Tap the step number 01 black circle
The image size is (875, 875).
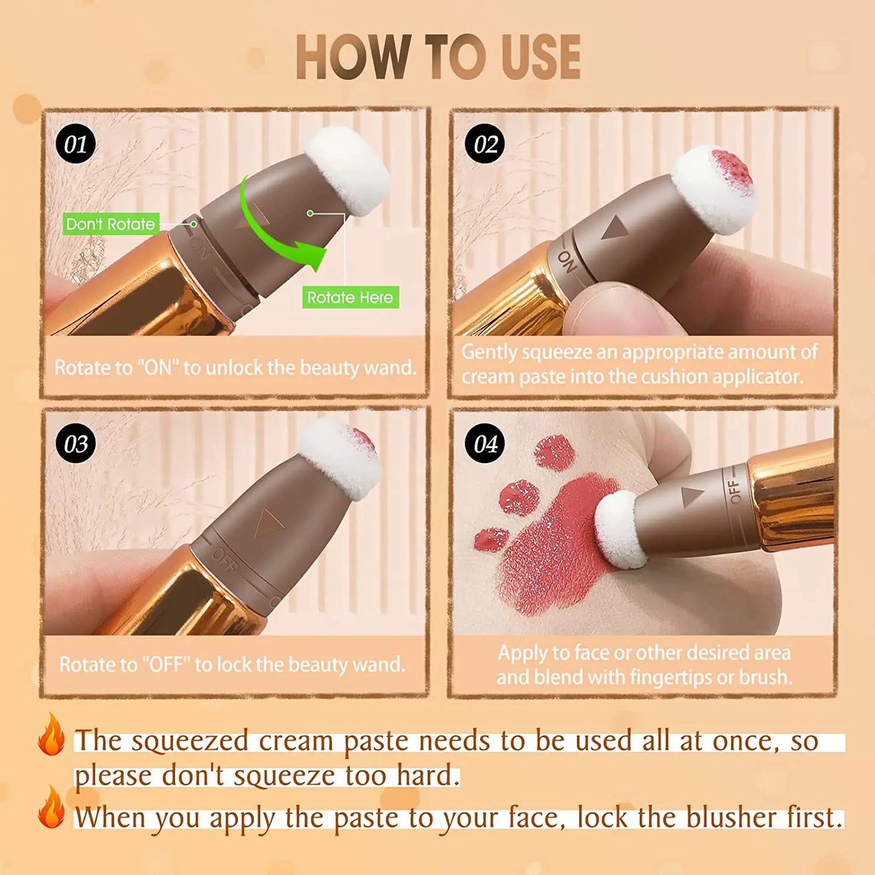(76, 144)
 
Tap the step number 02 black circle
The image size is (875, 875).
(485, 144)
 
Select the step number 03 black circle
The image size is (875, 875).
(76, 444)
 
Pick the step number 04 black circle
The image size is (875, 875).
(485, 444)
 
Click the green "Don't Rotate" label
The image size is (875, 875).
(111, 224)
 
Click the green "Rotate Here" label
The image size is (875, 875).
(350, 297)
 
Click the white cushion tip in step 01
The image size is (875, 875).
(348, 170)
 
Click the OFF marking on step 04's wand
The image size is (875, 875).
(735, 491)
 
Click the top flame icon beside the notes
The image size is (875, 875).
(51, 735)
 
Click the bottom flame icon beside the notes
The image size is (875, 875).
(51, 808)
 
